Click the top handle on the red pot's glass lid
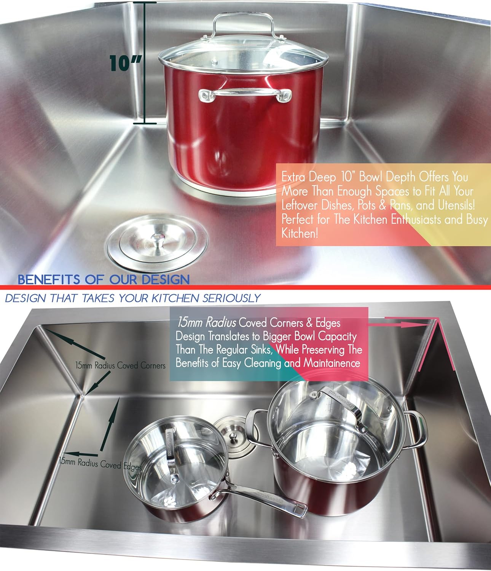[244, 23]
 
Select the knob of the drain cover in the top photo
[157, 239]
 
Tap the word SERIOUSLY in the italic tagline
[231, 298]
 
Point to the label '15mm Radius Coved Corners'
[120, 366]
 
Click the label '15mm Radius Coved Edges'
[100, 464]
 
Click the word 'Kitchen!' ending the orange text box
[299, 233]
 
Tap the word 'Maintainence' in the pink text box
[332, 363]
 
